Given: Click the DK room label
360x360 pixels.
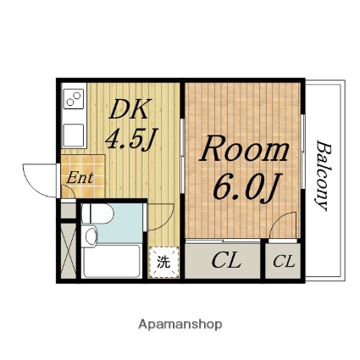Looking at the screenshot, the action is point(129,109).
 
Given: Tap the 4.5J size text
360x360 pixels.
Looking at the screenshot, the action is point(131,139).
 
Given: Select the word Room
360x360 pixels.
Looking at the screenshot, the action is point(245,149).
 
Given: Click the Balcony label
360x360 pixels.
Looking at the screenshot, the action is point(324,175).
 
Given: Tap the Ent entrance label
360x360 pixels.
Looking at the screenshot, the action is point(80,178).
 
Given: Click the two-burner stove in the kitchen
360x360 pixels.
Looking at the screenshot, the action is point(74,99).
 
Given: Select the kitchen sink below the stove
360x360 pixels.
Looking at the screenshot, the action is point(74,136).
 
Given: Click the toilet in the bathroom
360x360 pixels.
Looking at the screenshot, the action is point(97,213).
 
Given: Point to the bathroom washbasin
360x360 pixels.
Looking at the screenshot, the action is point(91,236).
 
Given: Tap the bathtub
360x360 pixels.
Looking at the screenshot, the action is point(111,261).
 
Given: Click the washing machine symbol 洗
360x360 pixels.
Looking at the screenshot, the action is point(163,262).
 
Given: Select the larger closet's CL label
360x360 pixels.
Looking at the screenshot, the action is point(226,261).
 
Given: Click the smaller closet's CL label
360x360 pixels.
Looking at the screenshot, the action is point(284,262).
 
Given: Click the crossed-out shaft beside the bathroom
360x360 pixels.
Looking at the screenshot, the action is point(69,251).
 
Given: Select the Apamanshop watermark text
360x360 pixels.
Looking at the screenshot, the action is point(180,324).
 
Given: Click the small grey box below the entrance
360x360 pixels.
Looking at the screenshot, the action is point(69,210).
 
